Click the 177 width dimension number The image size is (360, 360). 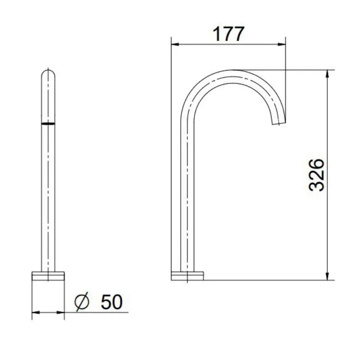(x=229, y=34)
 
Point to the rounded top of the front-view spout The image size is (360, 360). (x=48, y=72)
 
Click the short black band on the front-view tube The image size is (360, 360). (x=48, y=123)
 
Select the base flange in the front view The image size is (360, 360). (x=48, y=275)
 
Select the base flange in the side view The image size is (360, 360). (x=187, y=276)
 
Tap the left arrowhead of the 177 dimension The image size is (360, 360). (x=175, y=45)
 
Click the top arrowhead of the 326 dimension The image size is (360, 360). (x=327, y=73)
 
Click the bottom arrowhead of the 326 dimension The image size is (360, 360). (x=327, y=276)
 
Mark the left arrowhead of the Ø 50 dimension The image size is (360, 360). (x=35, y=312)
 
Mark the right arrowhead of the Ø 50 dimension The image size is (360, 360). (x=61, y=312)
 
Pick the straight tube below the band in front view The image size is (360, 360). (x=48, y=198)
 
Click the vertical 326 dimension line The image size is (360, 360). (x=327, y=216)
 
